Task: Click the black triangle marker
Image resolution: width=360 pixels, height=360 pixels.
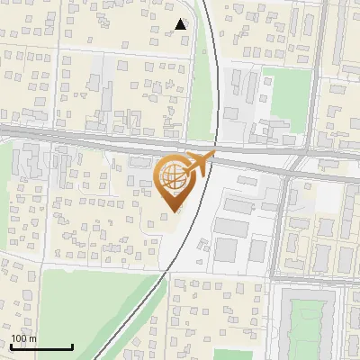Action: coord(181,24)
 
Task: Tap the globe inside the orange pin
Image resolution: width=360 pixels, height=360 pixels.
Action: coord(172,177)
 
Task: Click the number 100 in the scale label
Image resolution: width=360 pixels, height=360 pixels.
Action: coord(19,337)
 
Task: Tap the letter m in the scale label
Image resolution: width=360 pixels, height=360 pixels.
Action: coord(33,337)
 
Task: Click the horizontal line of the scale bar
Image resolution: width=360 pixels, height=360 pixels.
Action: coord(41,347)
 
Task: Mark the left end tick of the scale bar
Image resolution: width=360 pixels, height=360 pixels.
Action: coord(11,346)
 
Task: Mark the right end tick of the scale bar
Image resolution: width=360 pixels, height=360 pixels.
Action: coord(72,346)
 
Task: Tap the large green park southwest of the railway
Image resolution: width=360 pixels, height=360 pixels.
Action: coord(90,310)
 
